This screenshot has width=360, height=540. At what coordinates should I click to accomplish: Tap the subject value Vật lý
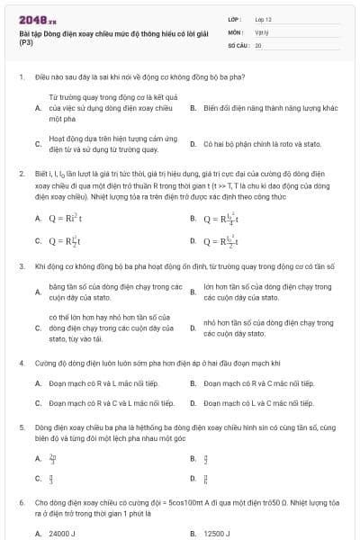(262, 31)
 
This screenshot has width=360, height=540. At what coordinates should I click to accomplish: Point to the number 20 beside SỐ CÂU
(258, 44)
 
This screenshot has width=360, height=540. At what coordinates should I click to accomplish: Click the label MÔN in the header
(235, 31)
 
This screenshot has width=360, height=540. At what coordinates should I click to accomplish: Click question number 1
(21, 78)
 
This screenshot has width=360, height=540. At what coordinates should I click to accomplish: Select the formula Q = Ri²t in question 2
(63, 218)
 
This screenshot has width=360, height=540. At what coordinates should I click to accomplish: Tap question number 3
(21, 266)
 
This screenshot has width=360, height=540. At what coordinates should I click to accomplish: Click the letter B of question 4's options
(193, 383)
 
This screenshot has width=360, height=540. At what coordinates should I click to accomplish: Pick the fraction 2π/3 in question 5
(51, 457)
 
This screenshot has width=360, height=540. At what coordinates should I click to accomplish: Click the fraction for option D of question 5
(206, 479)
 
